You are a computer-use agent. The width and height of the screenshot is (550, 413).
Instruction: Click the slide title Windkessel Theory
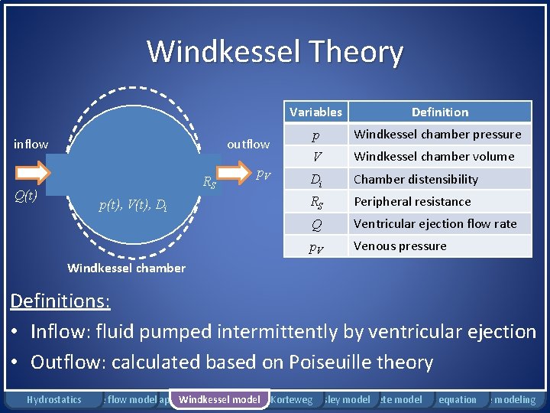(x=275, y=52)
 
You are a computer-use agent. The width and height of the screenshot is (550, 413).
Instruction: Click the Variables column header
(x=315, y=112)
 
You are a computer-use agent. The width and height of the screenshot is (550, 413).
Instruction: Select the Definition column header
(x=440, y=112)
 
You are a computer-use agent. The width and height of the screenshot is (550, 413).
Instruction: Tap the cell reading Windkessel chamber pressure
(x=438, y=135)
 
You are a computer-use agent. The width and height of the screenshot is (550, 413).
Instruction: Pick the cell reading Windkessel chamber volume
(x=434, y=157)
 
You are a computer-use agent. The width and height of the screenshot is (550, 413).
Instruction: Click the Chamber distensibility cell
(x=416, y=180)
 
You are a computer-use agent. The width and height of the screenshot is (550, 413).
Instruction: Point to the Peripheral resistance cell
(x=412, y=202)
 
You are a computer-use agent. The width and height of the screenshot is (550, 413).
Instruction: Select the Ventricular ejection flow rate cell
(x=435, y=224)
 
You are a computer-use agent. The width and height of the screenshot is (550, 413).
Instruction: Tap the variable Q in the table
(x=315, y=224)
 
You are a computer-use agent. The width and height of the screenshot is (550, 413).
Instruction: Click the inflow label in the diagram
(x=31, y=144)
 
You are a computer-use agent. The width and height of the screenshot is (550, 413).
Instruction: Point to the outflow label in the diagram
(x=248, y=144)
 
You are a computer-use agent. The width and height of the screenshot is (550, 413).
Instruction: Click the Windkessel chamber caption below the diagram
(x=127, y=268)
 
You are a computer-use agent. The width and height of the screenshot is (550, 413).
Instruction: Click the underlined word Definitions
(x=60, y=301)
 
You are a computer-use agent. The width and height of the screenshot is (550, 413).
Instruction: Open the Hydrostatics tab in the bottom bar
(x=53, y=399)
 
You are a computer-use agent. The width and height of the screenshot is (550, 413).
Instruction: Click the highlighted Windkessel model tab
(x=219, y=399)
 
